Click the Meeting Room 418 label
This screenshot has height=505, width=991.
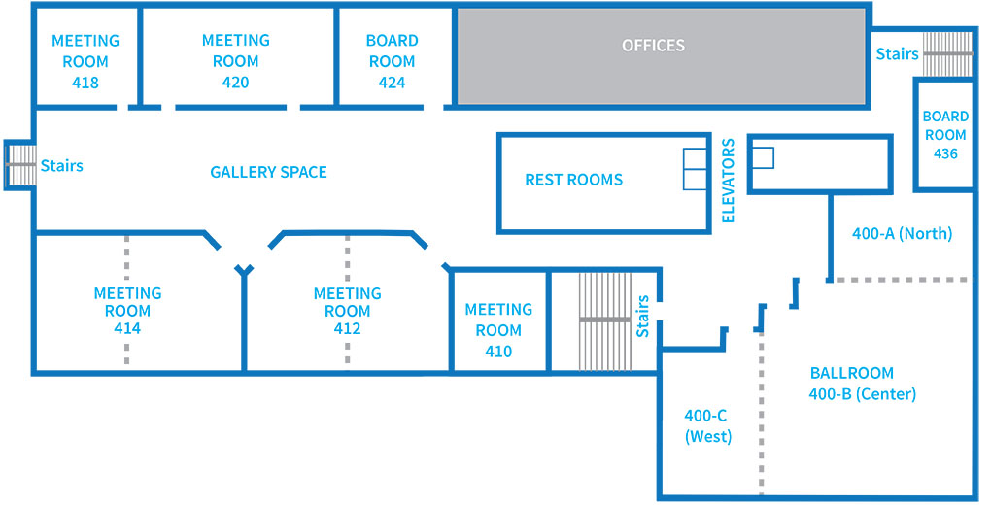85,61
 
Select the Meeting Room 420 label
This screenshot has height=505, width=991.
236,61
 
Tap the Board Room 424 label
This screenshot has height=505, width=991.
392,61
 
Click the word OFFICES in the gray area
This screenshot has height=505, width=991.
653,46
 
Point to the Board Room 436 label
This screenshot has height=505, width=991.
945,135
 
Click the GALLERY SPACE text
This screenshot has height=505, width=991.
268,172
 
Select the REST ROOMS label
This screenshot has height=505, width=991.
574,180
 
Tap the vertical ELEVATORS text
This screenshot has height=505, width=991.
728,181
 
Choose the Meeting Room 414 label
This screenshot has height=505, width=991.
127,311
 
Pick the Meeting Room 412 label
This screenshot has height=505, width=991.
348,311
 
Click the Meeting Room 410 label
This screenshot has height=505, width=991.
498,330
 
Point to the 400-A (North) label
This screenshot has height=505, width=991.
902,234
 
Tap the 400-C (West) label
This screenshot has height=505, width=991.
708,426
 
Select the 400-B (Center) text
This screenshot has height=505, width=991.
863,394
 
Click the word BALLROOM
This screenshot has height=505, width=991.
852,373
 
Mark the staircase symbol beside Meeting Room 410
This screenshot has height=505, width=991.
605,321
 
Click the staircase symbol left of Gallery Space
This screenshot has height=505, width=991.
20,165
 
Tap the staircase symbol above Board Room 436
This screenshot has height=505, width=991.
947,54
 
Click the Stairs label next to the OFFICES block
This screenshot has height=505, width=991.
897,54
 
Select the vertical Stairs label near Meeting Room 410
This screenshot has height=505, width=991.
643,316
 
